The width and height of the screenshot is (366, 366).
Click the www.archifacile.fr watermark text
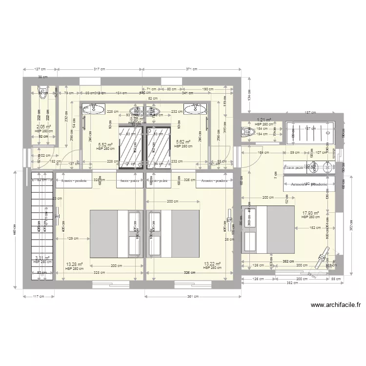click(335, 305)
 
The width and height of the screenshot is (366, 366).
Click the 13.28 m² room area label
click(74, 264)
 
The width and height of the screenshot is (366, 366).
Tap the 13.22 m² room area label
click(213, 264)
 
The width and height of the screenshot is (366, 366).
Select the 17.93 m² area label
click(310, 213)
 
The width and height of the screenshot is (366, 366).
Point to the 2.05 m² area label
click(44, 126)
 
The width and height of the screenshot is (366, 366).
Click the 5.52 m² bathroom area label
click(105, 144)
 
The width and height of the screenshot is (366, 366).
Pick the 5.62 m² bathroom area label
click(183, 142)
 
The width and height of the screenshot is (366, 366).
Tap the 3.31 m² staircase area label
click(42, 258)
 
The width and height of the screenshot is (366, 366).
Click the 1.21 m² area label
click(264, 120)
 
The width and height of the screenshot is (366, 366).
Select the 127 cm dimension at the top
click(40, 69)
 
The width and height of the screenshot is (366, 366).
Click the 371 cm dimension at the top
click(191, 69)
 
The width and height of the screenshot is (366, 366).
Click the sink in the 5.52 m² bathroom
click(92, 108)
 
